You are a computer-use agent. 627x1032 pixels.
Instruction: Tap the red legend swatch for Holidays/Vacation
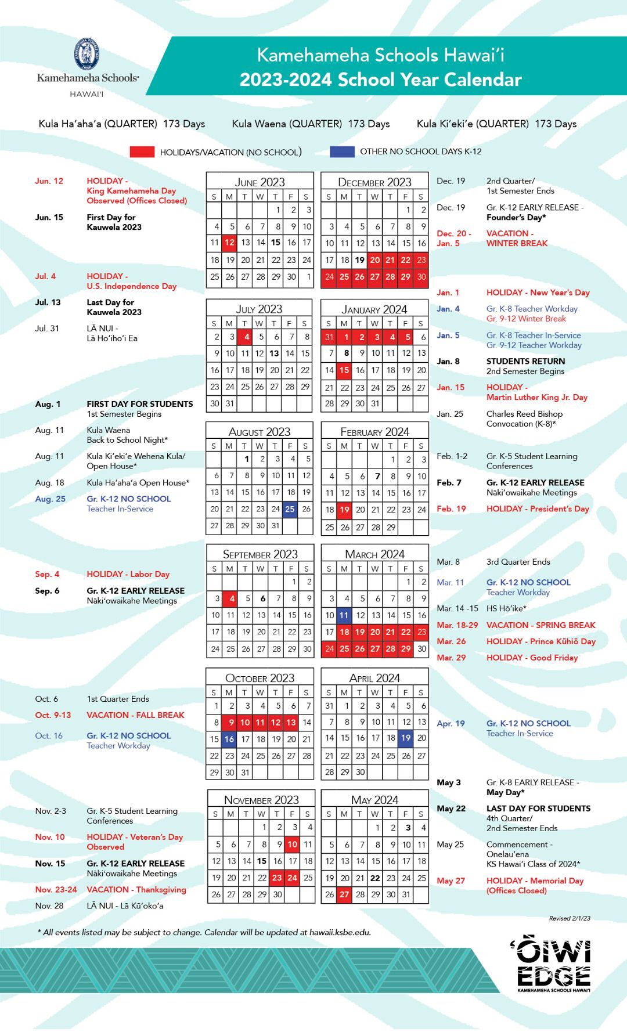142,152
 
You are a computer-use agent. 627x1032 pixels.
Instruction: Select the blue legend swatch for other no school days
342,151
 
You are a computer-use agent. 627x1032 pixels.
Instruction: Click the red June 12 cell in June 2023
230,243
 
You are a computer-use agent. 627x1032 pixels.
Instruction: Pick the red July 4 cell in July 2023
246,337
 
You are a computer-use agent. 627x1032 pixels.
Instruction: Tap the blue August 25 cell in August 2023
290,509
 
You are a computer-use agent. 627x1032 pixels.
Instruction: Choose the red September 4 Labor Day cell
231,598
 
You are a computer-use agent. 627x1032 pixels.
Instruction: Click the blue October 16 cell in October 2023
230,739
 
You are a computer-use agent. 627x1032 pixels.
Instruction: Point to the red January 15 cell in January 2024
344,370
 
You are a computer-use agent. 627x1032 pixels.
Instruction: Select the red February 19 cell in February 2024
344,510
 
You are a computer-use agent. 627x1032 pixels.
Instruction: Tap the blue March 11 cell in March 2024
344,615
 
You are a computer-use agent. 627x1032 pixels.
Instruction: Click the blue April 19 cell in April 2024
406,738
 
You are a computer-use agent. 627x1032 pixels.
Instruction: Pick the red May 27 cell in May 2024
344,894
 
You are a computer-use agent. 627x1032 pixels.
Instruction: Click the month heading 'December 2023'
374,182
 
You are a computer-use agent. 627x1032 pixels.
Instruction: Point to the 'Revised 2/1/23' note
570,918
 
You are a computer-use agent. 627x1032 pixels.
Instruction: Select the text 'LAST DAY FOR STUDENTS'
538,808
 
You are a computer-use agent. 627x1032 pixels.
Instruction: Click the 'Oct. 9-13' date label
53,715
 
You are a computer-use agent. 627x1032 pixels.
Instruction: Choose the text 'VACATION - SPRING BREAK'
540,625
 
